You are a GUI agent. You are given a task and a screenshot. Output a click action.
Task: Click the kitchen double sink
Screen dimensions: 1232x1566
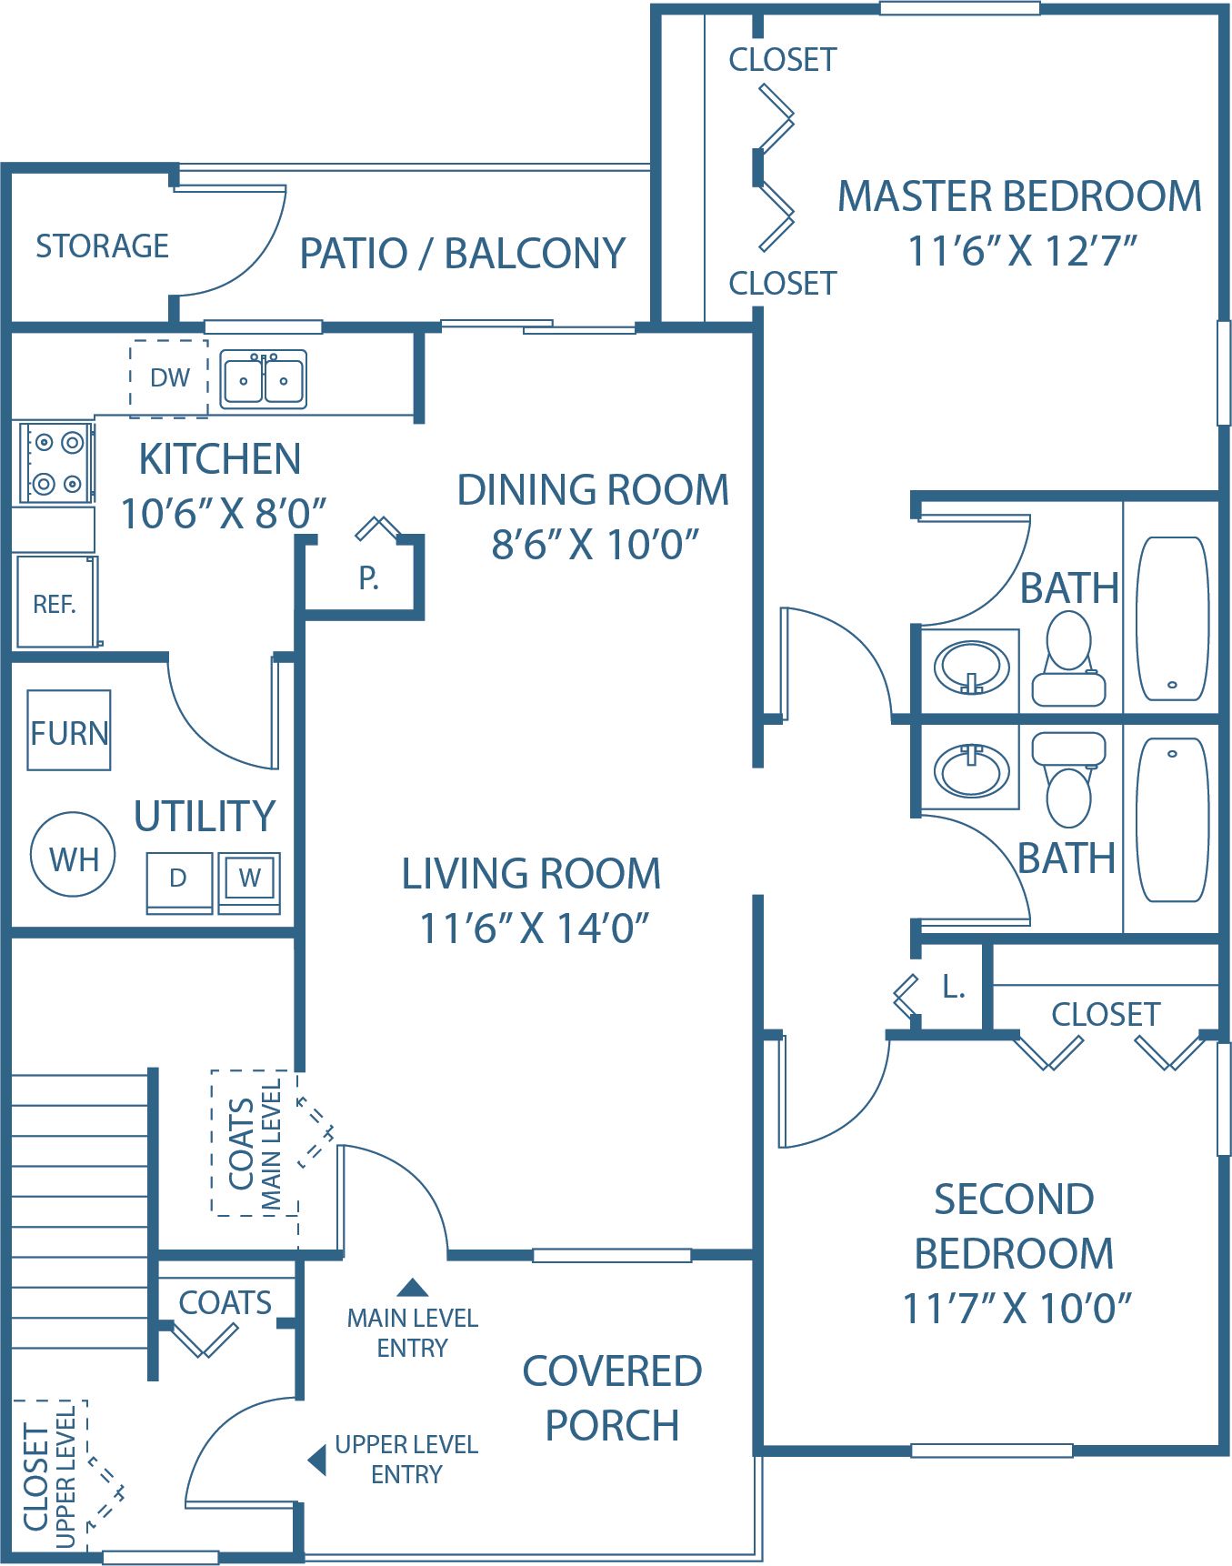[x=263, y=379]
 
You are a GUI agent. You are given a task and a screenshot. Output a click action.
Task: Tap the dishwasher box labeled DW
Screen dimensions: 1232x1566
[x=169, y=378]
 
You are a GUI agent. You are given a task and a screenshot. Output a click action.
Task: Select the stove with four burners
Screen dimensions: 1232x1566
[x=56, y=463]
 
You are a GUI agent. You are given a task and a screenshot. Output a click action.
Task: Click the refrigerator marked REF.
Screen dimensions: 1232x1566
[x=55, y=603]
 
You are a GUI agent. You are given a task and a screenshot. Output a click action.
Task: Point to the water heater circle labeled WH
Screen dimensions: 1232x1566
[x=74, y=857]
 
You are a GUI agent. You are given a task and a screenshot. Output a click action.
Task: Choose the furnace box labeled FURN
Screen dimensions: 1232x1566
[x=69, y=731]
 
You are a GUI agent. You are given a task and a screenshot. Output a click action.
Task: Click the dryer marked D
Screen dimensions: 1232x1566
[x=179, y=880]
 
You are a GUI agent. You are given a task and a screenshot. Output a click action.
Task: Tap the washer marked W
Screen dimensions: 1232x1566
[x=249, y=879]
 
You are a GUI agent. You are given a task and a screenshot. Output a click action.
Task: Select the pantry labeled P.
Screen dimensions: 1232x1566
[x=367, y=577]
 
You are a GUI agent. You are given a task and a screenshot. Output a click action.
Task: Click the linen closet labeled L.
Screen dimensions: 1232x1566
[x=952, y=987]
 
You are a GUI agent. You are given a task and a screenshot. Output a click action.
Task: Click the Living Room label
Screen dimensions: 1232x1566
[x=531, y=874]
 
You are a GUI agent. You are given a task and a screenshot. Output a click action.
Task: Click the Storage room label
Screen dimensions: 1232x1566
[x=102, y=246]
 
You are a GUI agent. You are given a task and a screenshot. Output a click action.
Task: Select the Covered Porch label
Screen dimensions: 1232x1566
[x=612, y=1398]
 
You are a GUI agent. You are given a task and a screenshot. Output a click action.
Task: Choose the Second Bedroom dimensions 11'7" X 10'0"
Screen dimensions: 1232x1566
[x=1016, y=1309]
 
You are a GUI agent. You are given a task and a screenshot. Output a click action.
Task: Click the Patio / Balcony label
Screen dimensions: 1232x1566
[x=463, y=254]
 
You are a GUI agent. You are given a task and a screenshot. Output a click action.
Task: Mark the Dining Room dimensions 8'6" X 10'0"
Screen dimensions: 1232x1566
[x=595, y=545]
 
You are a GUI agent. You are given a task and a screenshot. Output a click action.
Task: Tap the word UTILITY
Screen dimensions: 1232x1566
[x=205, y=816]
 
